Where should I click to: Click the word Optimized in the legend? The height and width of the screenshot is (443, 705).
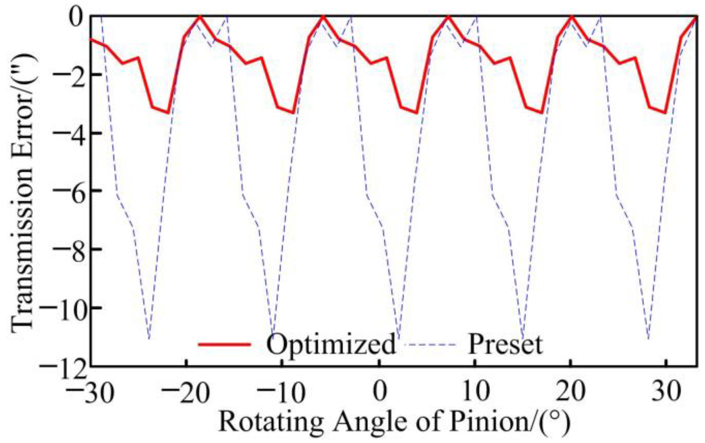click(x=331, y=345)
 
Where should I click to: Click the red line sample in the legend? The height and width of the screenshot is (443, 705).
click(x=224, y=344)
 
